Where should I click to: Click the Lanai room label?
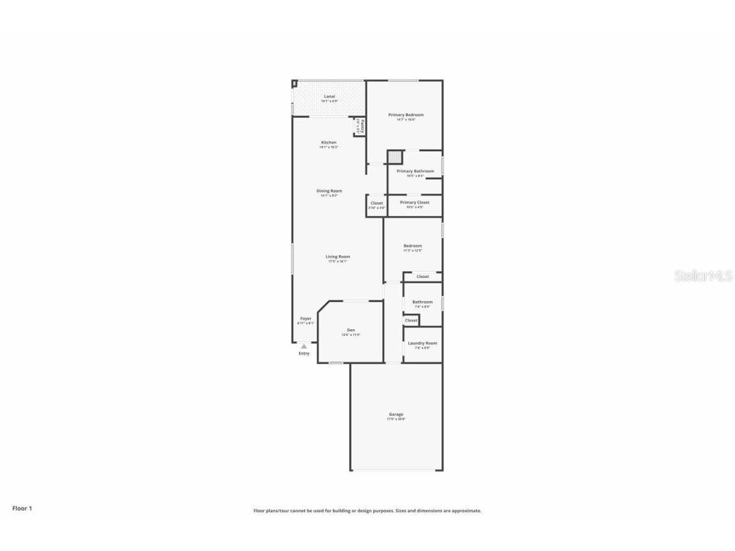point(329,96)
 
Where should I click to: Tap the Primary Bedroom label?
point(406,115)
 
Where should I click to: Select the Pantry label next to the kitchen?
point(362,126)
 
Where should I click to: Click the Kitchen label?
point(329,142)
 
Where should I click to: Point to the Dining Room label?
point(329,191)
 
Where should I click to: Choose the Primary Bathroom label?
point(415,171)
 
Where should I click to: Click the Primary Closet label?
point(415,202)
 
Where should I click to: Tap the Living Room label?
point(338,256)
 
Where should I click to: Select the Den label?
point(351,330)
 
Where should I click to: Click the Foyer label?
point(306,318)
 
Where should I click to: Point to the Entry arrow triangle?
point(304,346)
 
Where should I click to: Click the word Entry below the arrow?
point(304,353)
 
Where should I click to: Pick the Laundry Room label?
point(422,343)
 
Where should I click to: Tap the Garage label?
point(396,415)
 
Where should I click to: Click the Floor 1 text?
point(22,508)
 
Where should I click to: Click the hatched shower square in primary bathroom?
point(396,157)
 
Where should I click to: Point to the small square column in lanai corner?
point(295,83)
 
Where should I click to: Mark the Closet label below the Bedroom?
point(422,276)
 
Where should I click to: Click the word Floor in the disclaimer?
point(259,511)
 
